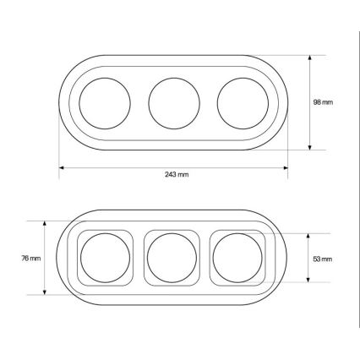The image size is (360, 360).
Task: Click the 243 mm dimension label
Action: [177, 174]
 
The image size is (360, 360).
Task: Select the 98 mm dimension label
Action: [323, 102]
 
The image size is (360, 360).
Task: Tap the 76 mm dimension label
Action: [31, 258]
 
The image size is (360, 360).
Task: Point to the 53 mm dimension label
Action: [323, 259]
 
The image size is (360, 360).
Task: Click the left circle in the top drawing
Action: [79, 103]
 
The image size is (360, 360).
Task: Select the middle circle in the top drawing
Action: [149, 103]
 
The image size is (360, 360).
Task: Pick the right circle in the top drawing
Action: [217, 103]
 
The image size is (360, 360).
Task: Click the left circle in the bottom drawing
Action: [80, 258]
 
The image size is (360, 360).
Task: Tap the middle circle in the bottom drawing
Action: [147, 258]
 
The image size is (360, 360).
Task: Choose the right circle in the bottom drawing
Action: [213, 258]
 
